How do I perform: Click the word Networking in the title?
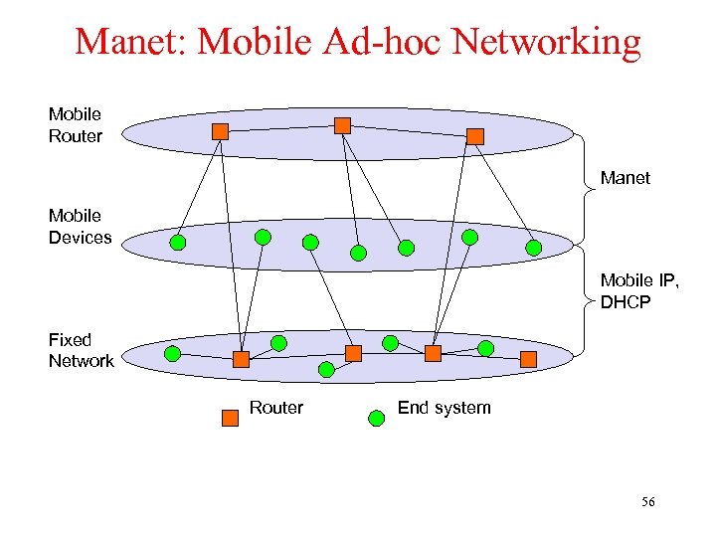click(x=545, y=42)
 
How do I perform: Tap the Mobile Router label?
click(x=76, y=125)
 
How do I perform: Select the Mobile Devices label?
click(x=80, y=226)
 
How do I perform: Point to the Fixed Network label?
click(x=81, y=350)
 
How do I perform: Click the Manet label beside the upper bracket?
click(x=625, y=178)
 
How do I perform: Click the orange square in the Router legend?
click(x=231, y=418)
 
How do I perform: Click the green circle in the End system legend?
click(x=377, y=418)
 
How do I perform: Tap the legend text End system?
click(x=444, y=408)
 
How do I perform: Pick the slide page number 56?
click(x=647, y=502)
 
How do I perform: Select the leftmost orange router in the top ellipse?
click(x=221, y=131)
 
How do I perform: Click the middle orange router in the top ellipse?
click(x=342, y=125)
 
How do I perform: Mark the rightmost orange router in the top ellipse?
click(x=475, y=136)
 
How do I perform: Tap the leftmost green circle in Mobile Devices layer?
click(x=178, y=242)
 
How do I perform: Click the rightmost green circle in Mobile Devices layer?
click(x=534, y=248)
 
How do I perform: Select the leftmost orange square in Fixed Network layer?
click(x=241, y=359)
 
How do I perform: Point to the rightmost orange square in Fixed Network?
click(x=528, y=358)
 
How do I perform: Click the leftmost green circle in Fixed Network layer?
click(x=172, y=353)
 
